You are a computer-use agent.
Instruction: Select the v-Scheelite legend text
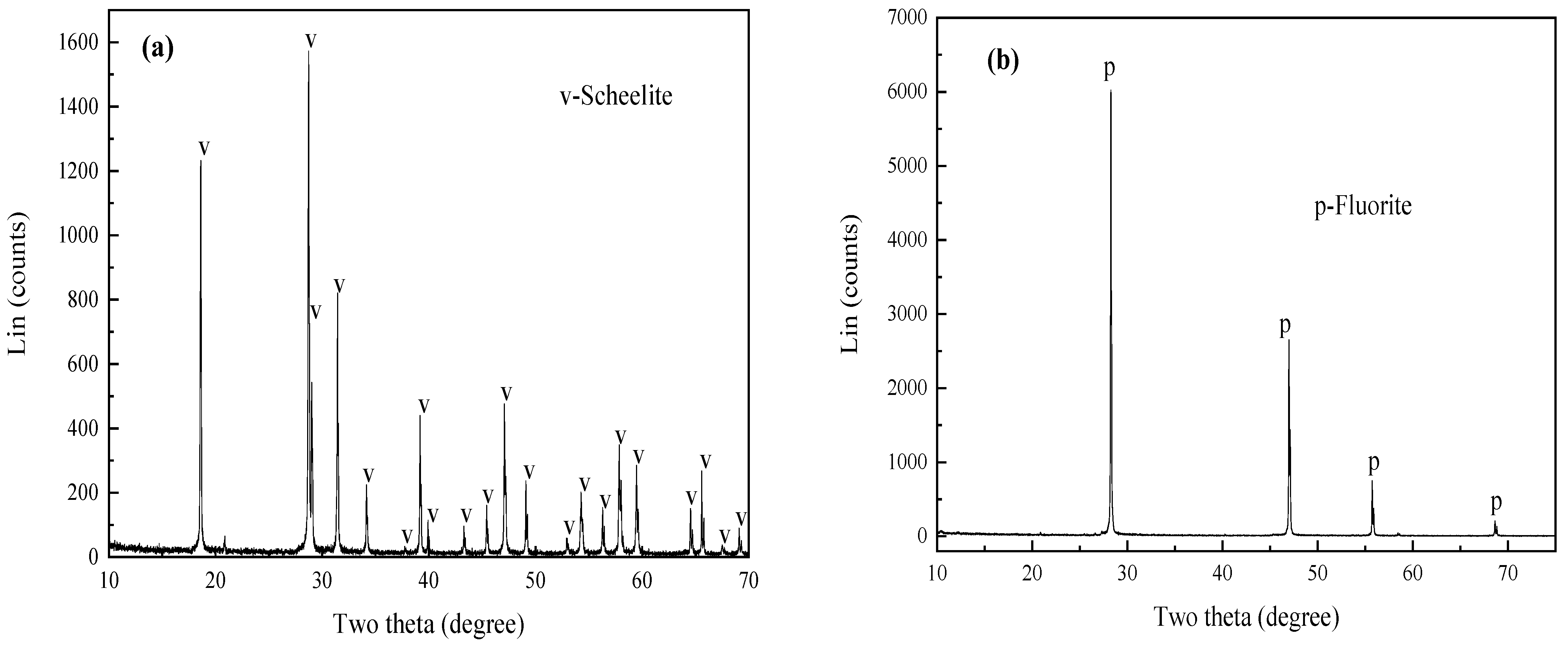pos(616,96)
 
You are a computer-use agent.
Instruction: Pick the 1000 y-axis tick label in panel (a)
pos(79,236)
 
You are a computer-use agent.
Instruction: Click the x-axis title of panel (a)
pos(428,624)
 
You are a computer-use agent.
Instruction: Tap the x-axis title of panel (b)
pos(1246,618)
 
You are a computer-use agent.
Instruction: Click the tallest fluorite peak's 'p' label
pos(1109,69)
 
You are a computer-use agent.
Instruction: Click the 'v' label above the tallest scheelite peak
pos(311,40)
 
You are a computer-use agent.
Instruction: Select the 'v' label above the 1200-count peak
pos(204,147)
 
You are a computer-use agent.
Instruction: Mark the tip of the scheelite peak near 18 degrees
pos(201,161)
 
